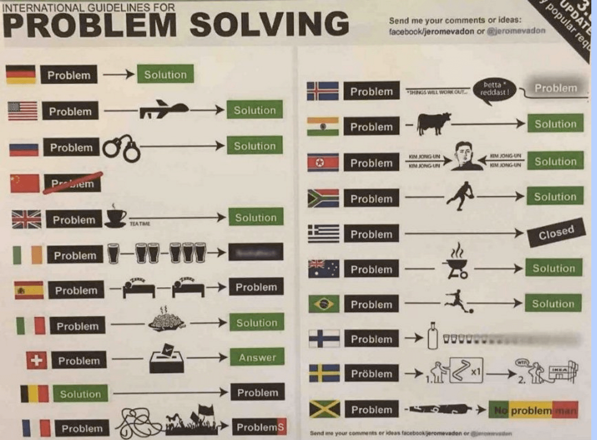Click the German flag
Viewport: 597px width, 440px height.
tap(20, 74)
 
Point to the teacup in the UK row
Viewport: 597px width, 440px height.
tap(115, 216)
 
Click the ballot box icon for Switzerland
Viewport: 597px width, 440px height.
tap(167, 359)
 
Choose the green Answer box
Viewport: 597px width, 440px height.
tap(257, 357)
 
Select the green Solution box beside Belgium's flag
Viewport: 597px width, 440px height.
tap(80, 394)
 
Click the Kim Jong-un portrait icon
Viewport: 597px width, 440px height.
tap(464, 156)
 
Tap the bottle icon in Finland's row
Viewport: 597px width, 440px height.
tap(432, 337)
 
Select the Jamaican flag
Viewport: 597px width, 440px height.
tap(325, 409)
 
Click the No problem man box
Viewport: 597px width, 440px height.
tap(533, 410)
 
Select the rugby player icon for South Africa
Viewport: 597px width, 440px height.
tap(460, 195)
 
